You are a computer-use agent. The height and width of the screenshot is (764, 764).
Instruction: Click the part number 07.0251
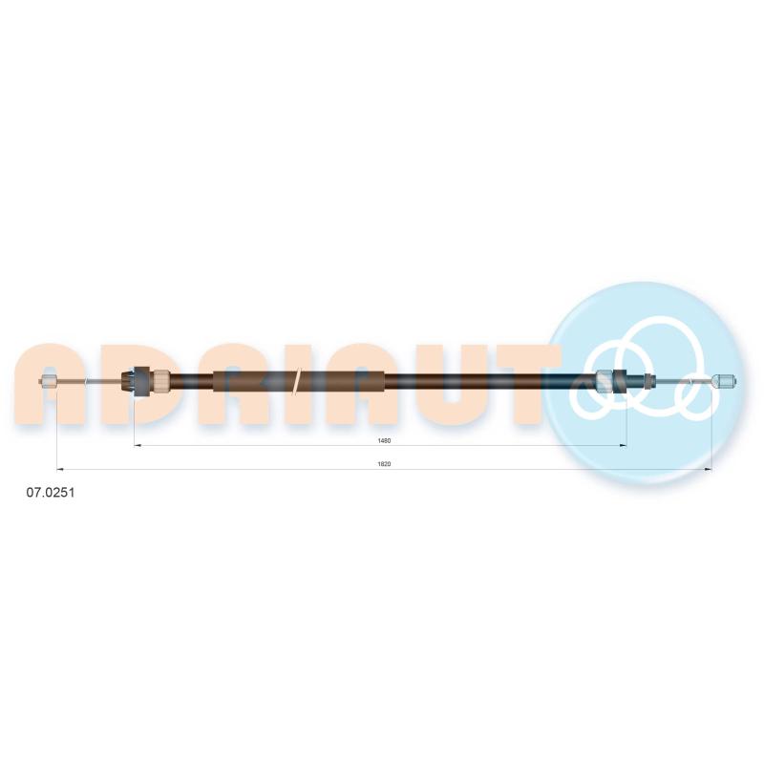point(51,493)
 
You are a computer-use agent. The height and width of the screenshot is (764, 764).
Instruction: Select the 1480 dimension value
point(384,441)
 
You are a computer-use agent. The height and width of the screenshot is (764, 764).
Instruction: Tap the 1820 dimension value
point(384,464)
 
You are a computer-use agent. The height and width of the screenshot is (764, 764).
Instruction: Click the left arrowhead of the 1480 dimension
point(138,445)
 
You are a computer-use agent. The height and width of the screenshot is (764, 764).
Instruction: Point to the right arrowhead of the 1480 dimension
point(623,445)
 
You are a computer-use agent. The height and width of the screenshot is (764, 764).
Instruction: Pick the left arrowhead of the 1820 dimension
point(60,469)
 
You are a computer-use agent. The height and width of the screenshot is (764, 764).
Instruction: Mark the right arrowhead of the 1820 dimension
point(708,469)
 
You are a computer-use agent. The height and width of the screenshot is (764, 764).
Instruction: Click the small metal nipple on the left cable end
point(50,381)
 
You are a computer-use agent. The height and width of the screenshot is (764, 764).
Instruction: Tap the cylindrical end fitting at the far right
point(724,380)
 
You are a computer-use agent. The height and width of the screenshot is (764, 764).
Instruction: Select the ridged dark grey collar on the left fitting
point(141,381)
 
